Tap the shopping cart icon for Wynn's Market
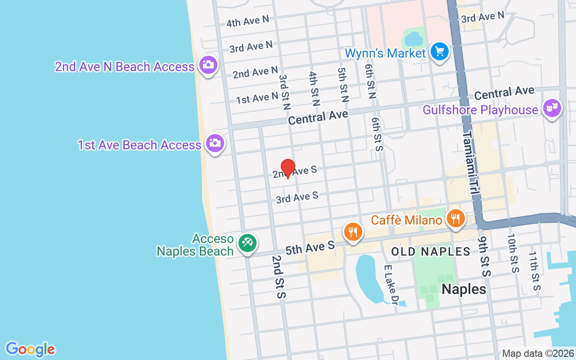(439, 52)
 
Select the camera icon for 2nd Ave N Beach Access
(207, 65)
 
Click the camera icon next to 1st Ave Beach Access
(215, 143)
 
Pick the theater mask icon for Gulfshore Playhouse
(552, 108)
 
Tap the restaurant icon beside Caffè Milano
(456, 219)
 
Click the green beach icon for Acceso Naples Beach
(247, 243)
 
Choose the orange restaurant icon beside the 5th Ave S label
(353, 232)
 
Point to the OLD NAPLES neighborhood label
(431, 252)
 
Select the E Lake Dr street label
(390, 285)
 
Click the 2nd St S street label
(279, 277)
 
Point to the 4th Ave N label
(247, 21)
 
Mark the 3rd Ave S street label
(297, 197)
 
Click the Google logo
(30, 349)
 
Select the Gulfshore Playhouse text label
(480, 110)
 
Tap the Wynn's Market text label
(385, 53)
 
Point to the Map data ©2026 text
(538, 353)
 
